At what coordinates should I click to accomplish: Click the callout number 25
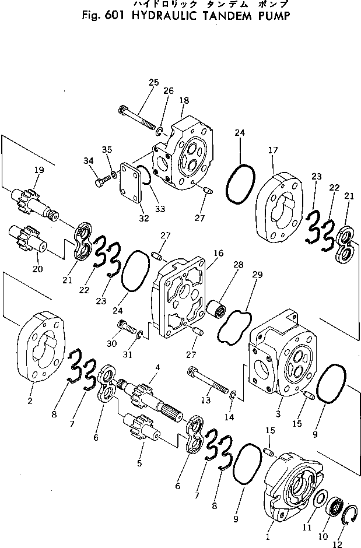(153, 83)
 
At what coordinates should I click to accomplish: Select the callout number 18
(184, 101)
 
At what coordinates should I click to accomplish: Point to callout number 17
(272, 150)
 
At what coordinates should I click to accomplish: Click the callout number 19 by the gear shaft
(38, 170)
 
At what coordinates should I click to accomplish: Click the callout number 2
(30, 401)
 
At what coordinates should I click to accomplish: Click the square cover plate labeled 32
(129, 185)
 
